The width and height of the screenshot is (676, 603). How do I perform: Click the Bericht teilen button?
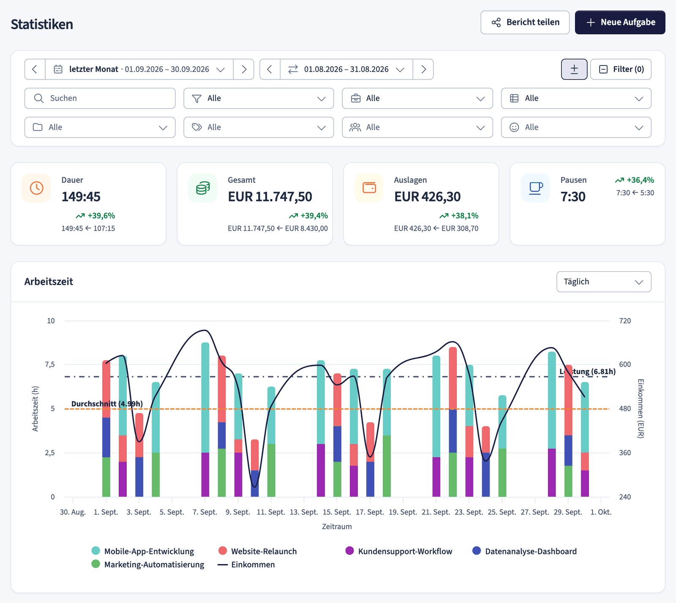pyautogui.click(x=525, y=22)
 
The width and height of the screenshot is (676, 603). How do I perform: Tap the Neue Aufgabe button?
pyautogui.click(x=620, y=22)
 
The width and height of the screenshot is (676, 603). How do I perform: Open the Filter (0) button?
pyautogui.click(x=621, y=69)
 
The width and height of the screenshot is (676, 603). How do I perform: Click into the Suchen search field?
pyautogui.click(x=100, y=98)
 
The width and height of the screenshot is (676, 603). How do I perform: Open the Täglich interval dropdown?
pyautogui.click(x=604, y=282)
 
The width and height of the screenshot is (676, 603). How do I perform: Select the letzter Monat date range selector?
pyautogui.click(x=139, y=69)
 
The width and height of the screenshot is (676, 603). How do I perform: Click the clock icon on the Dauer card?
pyautogui.click(x=36, y=188)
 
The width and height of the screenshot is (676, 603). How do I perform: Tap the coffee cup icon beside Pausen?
pyautogui.click(x=536, y=188)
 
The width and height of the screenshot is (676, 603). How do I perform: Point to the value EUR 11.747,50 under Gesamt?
pyautogui.click(x=270, y=197)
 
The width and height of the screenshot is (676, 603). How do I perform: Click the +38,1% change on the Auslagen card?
pyautogui.click(x=459, y=216)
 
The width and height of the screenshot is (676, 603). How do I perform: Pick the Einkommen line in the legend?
pyautogui.click(x=246, y=565)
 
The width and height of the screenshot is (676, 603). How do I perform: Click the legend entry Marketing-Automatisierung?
pyautogui.click(x=148, y=565)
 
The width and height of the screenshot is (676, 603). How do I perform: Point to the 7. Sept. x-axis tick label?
pyautogui.click(x=205, y=512)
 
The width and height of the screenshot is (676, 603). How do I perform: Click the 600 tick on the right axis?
pyautogui.click(x=625, y=364)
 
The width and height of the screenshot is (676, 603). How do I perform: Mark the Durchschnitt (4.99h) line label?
pyautogui.click(x=107, y=404)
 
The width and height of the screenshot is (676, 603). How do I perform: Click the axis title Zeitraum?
pyautogui.click(x=337, y=527)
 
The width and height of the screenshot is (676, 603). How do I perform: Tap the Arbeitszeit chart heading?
pyautogui.click(x=49, y=282)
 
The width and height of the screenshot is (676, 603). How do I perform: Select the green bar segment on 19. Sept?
pyautogui.click(x=387, y=466)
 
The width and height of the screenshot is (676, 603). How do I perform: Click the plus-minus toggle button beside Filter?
pyautogui.click(x=574, y=69)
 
